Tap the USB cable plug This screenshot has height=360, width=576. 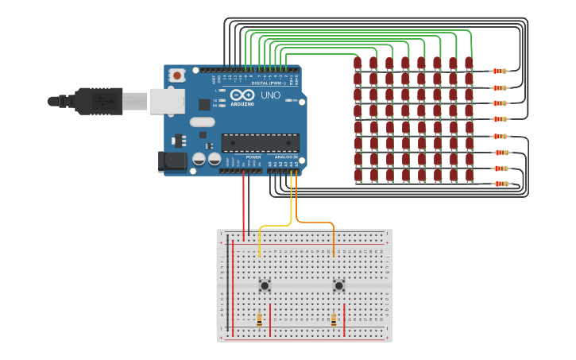point(95,101)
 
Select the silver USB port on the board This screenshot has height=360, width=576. point(167,101)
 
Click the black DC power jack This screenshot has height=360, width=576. point(172,161)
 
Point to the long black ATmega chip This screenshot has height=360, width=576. point(260,143)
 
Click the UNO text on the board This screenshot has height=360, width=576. point(270,95)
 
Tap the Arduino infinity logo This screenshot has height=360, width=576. point(243,95)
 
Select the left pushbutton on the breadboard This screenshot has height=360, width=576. point(265,285)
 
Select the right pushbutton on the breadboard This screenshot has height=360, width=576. point(339,285)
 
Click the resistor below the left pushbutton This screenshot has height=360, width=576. point(259,319)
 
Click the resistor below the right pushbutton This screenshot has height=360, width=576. point(334,319)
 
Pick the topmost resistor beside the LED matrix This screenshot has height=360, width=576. point(499,71)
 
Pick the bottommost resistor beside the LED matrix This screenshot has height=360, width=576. point(501,184)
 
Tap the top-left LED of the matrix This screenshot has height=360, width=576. point(358,63)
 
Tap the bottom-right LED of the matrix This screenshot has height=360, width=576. point(469,176)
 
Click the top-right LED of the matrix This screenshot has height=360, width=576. point(469,63)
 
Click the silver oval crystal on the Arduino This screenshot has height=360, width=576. point(202,122)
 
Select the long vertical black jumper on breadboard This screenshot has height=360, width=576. point(227,282)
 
